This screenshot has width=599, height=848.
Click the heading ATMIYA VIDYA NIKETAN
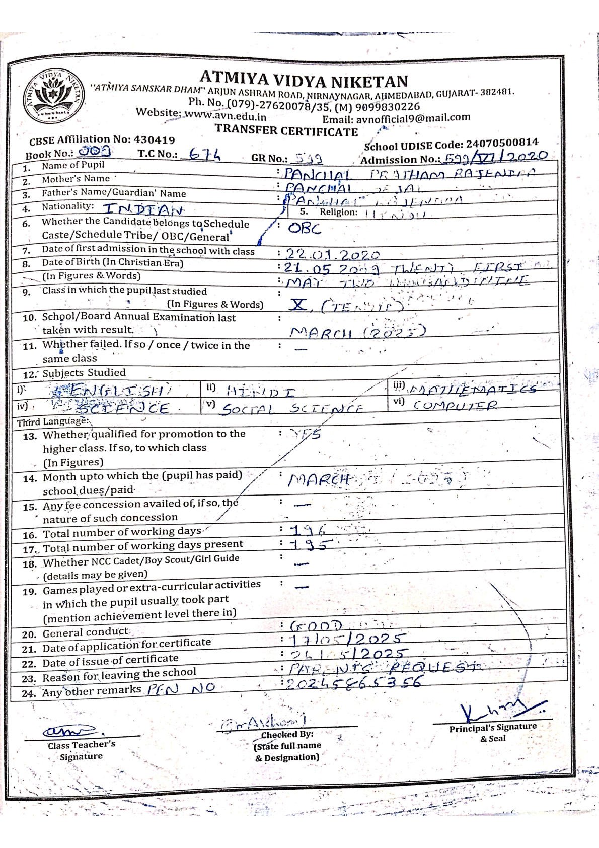tap(304, 80)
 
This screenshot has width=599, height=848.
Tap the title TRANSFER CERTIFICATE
tap(286, 130)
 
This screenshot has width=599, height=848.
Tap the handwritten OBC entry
tap(304, 228)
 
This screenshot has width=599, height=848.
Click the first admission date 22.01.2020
tap(332, 254)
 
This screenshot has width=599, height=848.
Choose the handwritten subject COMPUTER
tap(455, 405)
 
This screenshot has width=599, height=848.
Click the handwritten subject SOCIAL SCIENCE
tap(292, 408)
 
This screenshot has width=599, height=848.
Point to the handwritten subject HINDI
tap(261, 391)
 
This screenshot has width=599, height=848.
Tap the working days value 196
tap(308, 529)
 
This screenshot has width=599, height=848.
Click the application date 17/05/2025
tap(347, 639)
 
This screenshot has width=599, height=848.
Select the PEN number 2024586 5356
tap(353, 683)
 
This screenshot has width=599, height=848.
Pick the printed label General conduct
tap(85, 632)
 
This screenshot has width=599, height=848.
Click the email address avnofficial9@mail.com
tap(413, 118)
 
